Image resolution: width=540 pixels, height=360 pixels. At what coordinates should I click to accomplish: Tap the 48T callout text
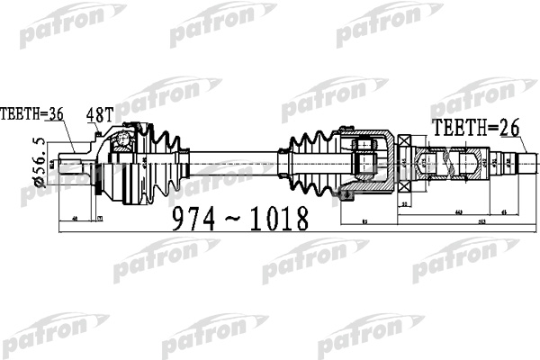point(101,114)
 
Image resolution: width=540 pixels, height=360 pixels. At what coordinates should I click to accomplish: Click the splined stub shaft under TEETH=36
point(71,166)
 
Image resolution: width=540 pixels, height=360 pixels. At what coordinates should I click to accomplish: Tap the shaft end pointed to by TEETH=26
point(525,164)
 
